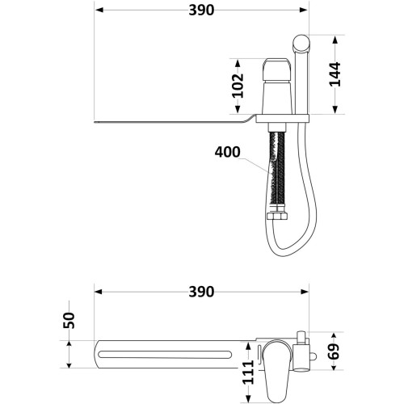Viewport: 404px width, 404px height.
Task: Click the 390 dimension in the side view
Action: click(201, 11)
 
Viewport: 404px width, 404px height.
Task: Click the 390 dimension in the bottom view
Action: click(201, 292)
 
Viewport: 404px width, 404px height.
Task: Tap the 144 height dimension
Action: click(335, 74)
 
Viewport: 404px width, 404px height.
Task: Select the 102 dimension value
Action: click(238, 86)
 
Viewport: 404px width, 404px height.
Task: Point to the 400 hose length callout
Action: click(227, 152)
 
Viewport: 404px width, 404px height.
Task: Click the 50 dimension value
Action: click(69, 320)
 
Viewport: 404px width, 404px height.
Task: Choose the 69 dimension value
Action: click(334, 351)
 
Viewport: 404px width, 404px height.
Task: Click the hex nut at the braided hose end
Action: click(276, 216)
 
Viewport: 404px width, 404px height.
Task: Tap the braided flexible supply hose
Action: click(276, 172)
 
